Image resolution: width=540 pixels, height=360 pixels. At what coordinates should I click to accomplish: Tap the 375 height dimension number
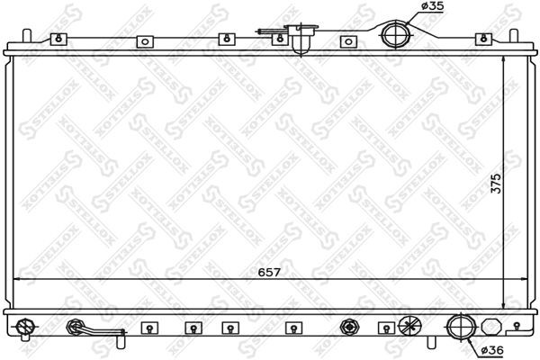[x=519, y=183]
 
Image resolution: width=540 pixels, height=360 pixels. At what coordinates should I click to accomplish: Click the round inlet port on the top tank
[x=394, y=35]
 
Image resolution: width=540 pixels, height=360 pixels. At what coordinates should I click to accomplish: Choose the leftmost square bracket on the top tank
[x=59, y=39]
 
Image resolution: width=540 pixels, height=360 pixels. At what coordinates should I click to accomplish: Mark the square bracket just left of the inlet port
[x=347, y=40]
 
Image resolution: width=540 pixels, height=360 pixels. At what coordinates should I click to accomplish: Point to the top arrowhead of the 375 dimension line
[x=502, y=57]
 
